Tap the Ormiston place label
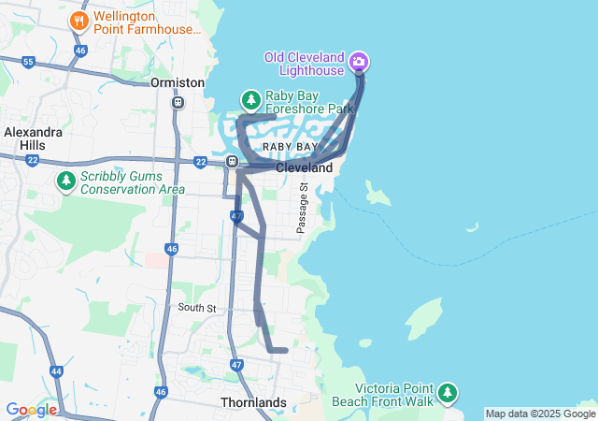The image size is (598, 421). click(x=177, y=82)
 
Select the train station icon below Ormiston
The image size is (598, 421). click(x=178, y=102)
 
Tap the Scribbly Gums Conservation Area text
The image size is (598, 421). click(x=120, y=182)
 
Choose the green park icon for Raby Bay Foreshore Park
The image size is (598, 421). click(x=250, y=99)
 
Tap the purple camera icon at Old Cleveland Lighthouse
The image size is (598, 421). click(x=359, y=63)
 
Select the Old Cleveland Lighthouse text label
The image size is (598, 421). click(x=305, y=64)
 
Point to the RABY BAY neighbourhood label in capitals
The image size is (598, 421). click(x=290, y=148)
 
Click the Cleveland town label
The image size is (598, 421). click(x=304, y=168)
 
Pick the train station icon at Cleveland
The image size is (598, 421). click(x=231, y=162)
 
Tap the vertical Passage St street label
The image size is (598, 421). click(x=302, y=208)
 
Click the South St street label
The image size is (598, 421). click(x=197, y=308)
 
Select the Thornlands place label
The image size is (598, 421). click(x=253, y=402)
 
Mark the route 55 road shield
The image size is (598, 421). click(x=29, y=62)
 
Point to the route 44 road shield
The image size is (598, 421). click(x=56, y=371)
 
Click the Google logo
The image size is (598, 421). click(x=31, y=410)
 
